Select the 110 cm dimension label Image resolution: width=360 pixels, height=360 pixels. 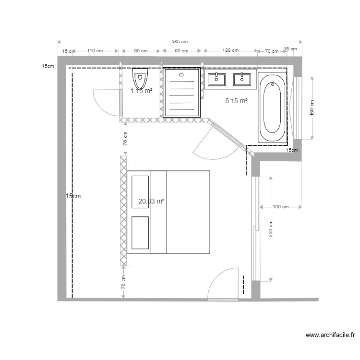tap(95, 50)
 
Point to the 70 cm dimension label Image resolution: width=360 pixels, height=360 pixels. tap(272, 50)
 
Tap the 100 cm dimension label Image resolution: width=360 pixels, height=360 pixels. tap(281, 207)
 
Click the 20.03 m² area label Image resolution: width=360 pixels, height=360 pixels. tap(151, 202)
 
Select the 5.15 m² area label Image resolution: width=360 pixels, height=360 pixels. tap(236, 101)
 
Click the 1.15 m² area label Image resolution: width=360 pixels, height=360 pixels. tap(142, 90)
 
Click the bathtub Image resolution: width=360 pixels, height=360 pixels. tap(272, 108)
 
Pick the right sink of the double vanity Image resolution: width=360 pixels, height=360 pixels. tap(242, 79)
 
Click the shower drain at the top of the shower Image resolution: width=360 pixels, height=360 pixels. tap(181, 74)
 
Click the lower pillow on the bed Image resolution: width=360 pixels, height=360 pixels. tap(140, 233)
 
